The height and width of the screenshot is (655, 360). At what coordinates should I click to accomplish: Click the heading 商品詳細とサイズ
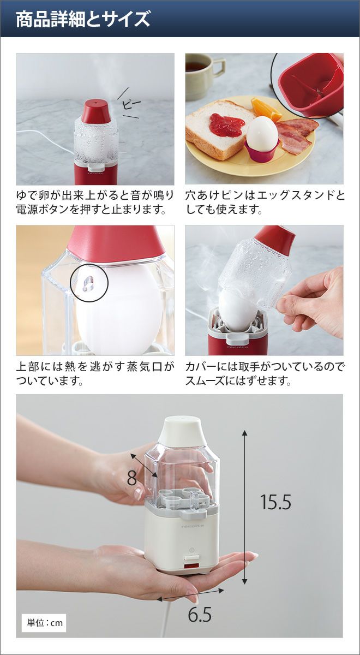83,19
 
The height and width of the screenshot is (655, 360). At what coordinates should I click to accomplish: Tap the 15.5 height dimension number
275,502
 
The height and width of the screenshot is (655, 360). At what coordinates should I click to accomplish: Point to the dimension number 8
132,478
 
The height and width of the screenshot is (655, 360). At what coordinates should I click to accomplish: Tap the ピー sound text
131,104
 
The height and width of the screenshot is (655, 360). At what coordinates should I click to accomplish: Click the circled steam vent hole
88,283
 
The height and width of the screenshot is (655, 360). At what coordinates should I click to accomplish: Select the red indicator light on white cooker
191,565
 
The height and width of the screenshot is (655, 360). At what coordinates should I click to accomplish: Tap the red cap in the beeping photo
96,111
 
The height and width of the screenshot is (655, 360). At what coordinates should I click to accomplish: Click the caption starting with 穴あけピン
265,202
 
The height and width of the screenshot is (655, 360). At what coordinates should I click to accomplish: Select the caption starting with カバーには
265,373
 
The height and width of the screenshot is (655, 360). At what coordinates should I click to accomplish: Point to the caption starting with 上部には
95,373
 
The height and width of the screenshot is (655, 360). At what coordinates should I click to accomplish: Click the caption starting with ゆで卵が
95,202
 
